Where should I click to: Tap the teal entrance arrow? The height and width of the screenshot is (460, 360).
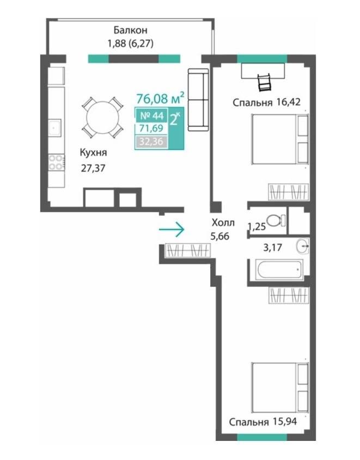[x=172, y=229]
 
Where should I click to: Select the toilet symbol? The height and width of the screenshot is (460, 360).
[x=276, y=220]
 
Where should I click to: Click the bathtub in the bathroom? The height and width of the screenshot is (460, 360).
[x=280, y=269]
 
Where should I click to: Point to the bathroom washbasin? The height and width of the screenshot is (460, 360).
[x=302, y=246]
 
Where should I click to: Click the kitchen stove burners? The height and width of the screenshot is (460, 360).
[x=56, y=162]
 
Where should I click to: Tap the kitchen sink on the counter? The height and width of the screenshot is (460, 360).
[x=55, y=128]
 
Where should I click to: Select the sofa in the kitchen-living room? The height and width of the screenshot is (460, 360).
[x=198, y=99]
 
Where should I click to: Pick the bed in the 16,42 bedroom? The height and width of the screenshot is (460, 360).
[x=280, y=139]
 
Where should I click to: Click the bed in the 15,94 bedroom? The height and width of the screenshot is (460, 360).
[x=280, y=388]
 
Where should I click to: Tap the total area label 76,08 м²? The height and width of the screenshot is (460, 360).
[x=160, y=98]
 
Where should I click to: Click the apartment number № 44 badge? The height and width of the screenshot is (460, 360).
[x=151, y=116]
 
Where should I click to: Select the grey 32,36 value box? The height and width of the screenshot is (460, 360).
[x=151, y=142]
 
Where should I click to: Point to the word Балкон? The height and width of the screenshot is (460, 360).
[x=131, y=30]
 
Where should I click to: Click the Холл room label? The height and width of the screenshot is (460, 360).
[x=223, y=223]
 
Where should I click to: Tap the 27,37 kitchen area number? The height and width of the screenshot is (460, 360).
[x=93, y=168]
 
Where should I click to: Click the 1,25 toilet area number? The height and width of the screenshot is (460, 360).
[x=257, y=227]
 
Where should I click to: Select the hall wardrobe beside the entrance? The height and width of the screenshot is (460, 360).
[x=188, y=251]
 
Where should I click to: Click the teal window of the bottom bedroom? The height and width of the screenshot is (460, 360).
[x=262, y=438]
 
